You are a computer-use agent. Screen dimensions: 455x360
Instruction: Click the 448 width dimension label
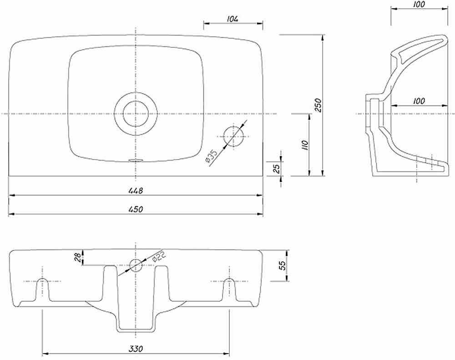click(x=136, y=191)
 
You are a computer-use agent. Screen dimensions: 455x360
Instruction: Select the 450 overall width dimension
click(x=136, y=209)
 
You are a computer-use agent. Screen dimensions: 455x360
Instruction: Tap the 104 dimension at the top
click(x=233, y=19)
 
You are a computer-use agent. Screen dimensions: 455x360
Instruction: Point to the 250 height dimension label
click(x=318, y=105)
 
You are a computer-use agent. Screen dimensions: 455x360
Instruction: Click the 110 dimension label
click(x=305, y=145)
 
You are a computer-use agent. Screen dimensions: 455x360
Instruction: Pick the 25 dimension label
click(x=277, y=168)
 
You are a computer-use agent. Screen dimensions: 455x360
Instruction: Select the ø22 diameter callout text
click(x=159, y=256)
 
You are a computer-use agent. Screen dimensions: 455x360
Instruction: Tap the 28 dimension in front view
click(x=77, y=257)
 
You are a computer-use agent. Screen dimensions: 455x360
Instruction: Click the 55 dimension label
click(x=282, y=265)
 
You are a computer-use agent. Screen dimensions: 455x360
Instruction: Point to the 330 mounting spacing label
click(x=136, y=349)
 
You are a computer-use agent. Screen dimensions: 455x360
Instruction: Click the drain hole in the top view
click(x=136, y=114)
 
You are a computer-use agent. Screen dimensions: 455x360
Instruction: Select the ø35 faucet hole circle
click(x=233, y=136)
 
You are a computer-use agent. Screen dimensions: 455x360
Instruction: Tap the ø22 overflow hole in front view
click(x=136, y=265)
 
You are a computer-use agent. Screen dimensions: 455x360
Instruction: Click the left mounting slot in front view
click(x=43, y=289)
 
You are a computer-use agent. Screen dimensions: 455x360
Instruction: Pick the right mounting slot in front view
click(x=229, y=289)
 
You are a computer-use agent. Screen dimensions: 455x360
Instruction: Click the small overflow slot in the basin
click(x=136, y=160)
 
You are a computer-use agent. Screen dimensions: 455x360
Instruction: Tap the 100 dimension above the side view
click(x=419, y=5)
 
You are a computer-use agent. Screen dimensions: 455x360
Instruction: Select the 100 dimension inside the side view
click(x=419, y=101)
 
